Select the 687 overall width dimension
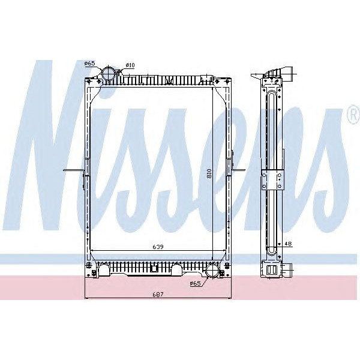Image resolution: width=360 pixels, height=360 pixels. click(157, 295)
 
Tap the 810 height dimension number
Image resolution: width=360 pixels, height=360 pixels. click(208, 174)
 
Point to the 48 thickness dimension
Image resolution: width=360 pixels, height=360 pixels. click(288, 244)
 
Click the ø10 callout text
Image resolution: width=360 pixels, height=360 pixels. click(130, 64)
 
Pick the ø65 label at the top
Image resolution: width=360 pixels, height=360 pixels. click(89, 63)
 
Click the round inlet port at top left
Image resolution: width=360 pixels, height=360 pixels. click(109, 74)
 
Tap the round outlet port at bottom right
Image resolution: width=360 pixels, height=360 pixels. click(212, 272)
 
